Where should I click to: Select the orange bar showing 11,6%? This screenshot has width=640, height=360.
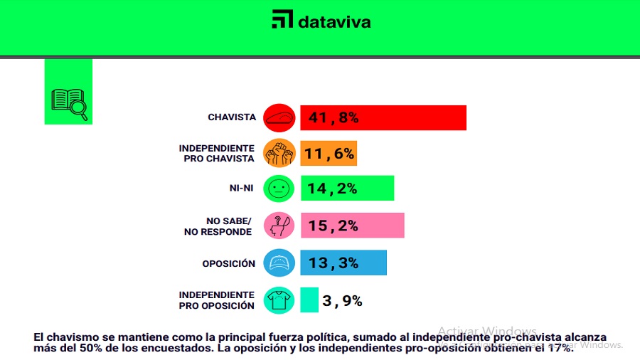[x=329, y=152]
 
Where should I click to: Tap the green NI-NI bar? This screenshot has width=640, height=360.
[x=347, y=189]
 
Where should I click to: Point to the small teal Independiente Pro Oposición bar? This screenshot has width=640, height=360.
[x=309, y=300]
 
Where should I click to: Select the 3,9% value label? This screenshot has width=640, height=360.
[x=342, y=301]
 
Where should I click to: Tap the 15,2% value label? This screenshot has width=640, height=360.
[x=332, y=226]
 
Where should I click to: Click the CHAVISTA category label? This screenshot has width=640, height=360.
[x=231, y=117]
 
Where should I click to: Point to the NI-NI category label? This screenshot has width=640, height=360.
[x=241, y=189]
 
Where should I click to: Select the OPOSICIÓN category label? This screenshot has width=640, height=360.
[x=228, y=263]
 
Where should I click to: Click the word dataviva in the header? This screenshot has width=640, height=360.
[x=334, y=21]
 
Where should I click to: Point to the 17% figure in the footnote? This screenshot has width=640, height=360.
[x=560, y=349]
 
